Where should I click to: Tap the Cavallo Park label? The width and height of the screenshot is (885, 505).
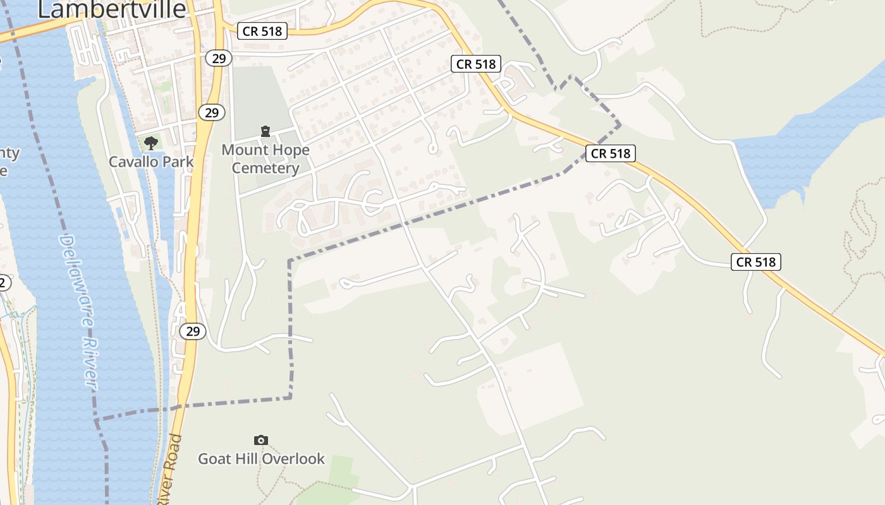pyautogui.click(x=151, y=162)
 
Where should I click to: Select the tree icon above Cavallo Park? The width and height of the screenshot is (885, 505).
pyautogui.click(x=150, y=143)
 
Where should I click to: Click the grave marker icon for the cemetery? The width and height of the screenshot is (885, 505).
pyautogui.click(x=265, y=131)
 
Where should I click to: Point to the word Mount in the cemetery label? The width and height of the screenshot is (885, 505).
pyautogui.click(x=243, y=150)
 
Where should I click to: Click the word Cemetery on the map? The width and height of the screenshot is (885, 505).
pyautogui.click(x=265, y=168)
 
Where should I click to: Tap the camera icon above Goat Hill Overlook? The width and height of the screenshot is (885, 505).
pyautogui.click(x=260, y=440)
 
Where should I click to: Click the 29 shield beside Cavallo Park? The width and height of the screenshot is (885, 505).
pyautogui.click(x=212, y=112)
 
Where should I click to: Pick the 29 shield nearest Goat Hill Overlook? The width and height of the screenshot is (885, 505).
pyautogui.click(x=193, y=331)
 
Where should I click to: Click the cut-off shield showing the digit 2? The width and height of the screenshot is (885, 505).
pyautogui.click(x=4, y=283)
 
